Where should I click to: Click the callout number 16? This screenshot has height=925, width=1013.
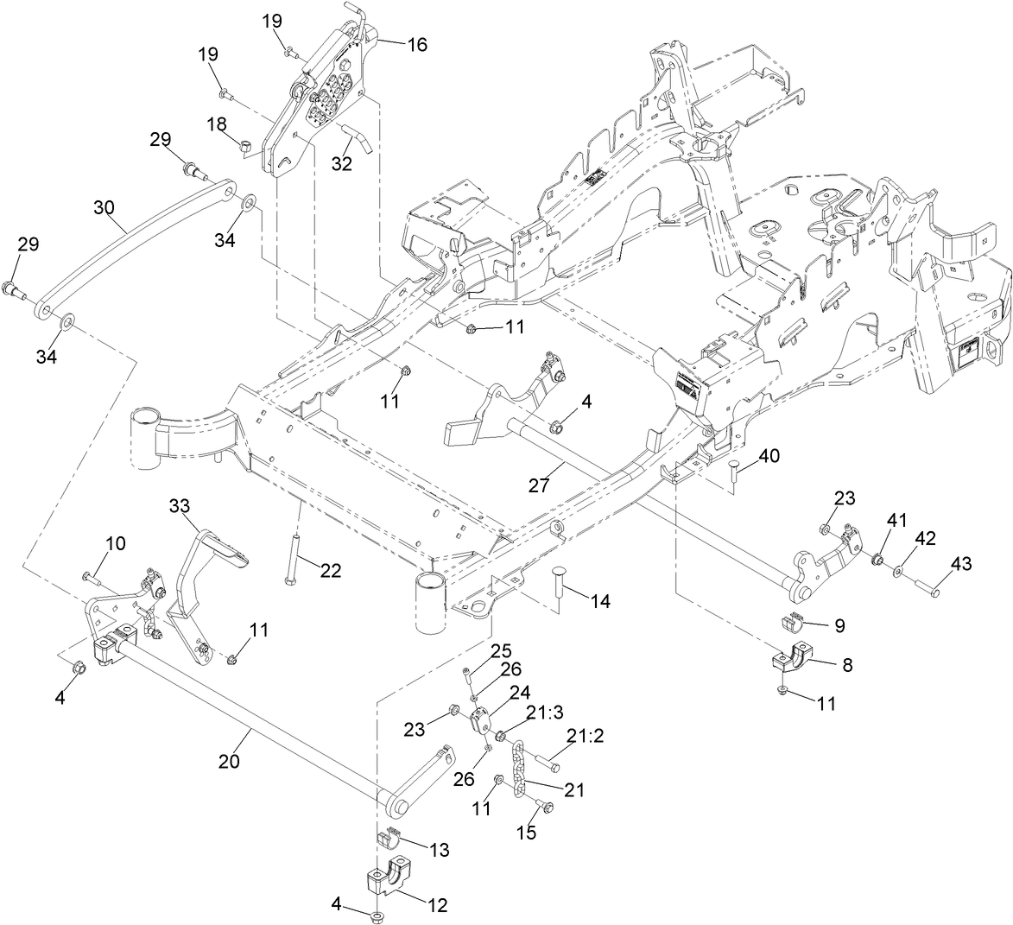coord(417,45)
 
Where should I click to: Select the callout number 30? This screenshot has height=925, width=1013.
coord(104,207)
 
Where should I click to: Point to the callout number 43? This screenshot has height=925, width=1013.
coord(961,564)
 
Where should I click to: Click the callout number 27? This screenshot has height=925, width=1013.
coord(539,485)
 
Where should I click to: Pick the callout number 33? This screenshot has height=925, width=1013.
coord(180,506)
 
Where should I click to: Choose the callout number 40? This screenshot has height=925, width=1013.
coord(769,456)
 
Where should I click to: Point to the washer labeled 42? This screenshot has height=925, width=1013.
coord(898,572)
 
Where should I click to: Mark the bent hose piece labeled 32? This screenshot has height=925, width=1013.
coord(358,137)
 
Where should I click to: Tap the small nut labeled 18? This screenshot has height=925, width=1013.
coord(245,148)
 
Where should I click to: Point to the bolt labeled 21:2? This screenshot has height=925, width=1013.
coord(548,762)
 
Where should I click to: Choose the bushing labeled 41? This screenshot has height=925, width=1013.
coord(878,558)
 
